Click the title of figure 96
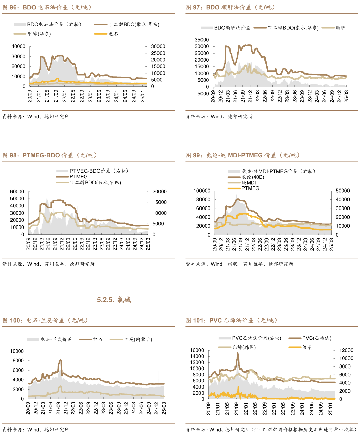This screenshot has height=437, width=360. coord(47,7)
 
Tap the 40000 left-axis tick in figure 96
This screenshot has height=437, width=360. coord(18,46)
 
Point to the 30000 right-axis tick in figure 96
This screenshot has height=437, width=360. coord(158,46)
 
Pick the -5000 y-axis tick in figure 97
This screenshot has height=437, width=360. coord(202,94)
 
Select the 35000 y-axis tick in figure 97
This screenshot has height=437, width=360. coord(202,40)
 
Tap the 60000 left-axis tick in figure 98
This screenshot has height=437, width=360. coord(17,192)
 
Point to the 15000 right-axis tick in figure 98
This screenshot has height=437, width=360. coord(160,202)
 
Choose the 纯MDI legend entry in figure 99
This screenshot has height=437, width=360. coord(249,183)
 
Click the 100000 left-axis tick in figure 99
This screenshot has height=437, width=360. coord(202,191)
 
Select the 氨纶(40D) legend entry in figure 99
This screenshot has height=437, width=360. coord(253,177)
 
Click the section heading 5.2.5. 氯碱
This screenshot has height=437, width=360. coord(114,300)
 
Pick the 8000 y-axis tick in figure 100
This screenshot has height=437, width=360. coord(18,361)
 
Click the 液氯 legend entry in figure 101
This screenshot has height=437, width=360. coord(307,347)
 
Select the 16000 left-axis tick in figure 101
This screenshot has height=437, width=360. coord(197,350)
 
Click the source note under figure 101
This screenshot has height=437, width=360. coord(271,430)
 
